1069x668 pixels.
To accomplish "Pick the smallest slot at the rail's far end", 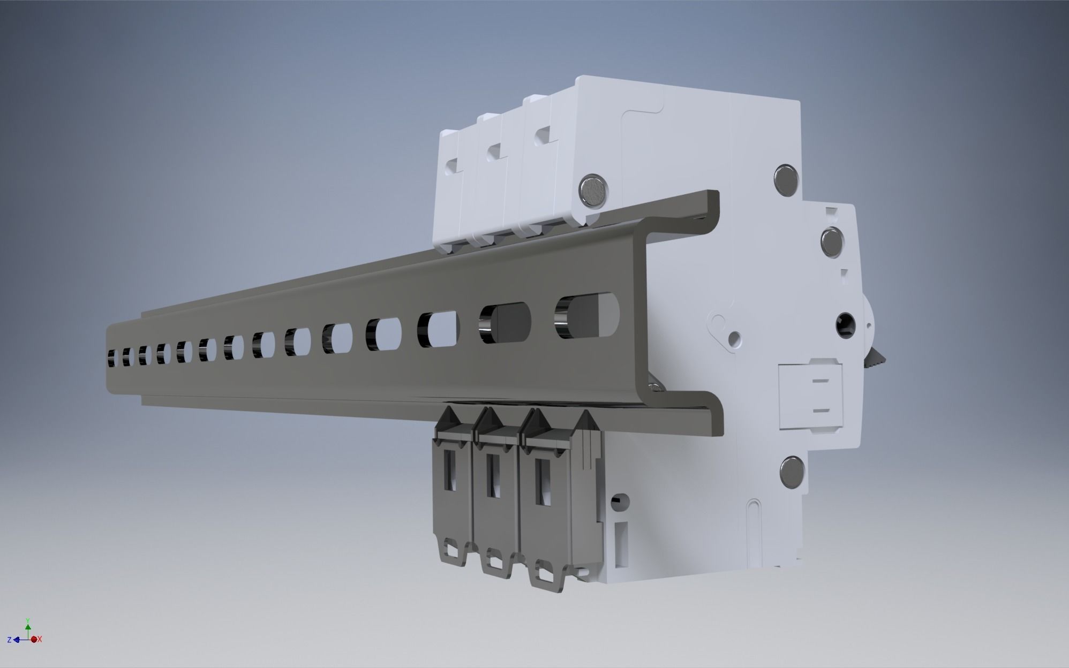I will (x=112, y=357).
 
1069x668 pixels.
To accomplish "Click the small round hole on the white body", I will (x=735, y=337).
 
